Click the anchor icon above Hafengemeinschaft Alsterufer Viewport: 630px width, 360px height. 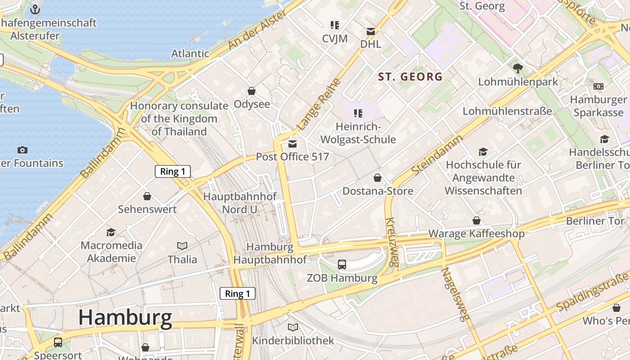35,9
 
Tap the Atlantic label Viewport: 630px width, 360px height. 190,54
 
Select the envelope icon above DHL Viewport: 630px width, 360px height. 370,31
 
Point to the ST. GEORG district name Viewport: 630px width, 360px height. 410,77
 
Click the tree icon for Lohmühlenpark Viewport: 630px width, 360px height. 517,68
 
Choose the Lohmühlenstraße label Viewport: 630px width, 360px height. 507,111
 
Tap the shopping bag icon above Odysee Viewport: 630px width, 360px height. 252,91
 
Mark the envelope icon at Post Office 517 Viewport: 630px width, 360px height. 292,144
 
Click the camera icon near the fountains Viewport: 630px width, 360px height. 22,150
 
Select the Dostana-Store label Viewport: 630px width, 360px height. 378,191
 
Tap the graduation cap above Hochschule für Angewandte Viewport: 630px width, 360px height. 483,152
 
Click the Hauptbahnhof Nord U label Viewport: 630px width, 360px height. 239,203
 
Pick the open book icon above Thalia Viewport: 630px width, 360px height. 182,246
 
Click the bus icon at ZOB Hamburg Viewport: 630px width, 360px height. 342,265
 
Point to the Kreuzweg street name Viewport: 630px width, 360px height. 391,243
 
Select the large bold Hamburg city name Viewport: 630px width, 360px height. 125,318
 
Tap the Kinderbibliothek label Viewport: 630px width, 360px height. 293,341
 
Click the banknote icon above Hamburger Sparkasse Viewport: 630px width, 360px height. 598,86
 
